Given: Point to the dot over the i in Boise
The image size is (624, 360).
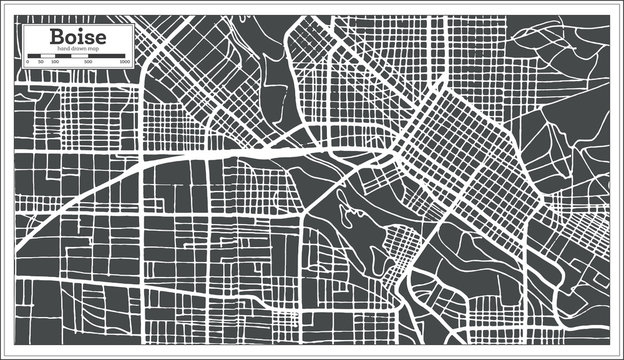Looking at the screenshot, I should [80, 28].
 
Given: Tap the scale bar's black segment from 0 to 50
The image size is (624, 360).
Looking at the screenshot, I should [34, 57].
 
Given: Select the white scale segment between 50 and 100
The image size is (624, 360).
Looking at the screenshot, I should [47, 57].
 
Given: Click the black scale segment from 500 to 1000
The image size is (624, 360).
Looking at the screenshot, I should [106, 57].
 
